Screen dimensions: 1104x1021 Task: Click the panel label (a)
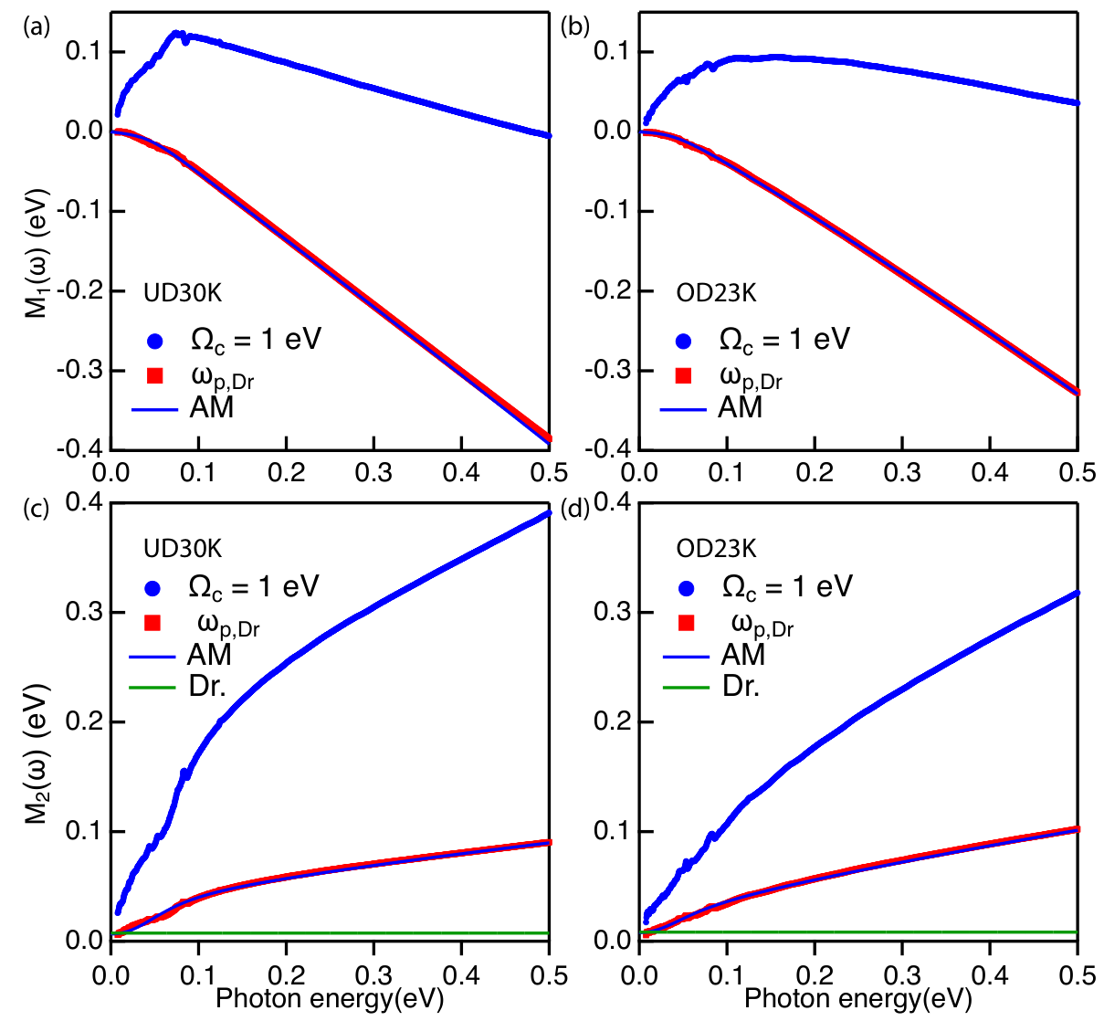click(x=37, y=26)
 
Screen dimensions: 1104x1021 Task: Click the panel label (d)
click(x=574, y=509)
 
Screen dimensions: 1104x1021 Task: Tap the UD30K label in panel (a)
click(x=183, y=293)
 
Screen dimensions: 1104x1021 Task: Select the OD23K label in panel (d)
click(x=716, y=549)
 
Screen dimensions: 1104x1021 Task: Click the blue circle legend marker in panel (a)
click(x=155, y=341)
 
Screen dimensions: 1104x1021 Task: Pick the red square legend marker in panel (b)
click(x=683, y=376)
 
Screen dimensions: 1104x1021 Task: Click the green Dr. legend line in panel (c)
click(x=152, y=688)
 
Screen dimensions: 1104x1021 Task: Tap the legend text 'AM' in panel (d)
click(x=743, y=654)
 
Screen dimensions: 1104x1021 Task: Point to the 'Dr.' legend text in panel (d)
click(x=741, y=687)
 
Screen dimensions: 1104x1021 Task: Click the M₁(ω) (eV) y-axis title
click(x=37, y=254)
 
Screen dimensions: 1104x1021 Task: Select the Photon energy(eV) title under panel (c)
click(x=330, y=999)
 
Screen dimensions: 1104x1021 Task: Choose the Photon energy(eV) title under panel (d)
click(x=858, y=999)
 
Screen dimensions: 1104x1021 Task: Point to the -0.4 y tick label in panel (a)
click(x=80, y=449)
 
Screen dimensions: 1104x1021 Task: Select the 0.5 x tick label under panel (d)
click(x=1078, y=976)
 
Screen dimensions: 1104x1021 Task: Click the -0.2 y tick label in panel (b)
click(x=608, y=290)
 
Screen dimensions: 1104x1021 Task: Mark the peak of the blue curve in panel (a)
click(x=175, y=34)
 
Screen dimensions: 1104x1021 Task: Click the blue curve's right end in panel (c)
click(x=549, y=512)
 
